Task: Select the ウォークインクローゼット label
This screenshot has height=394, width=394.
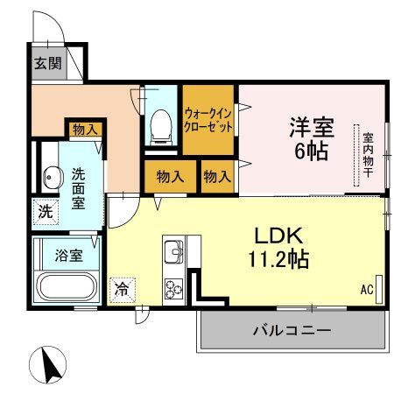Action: (x=208, y=120)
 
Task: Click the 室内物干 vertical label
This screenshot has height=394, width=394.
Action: (x=368, y=154)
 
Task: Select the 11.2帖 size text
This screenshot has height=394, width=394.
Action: (x=278, y=260)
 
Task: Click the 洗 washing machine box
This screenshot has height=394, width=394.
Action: (x=45, y=210)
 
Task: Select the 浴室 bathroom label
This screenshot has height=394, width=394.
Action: (x=69, y=256)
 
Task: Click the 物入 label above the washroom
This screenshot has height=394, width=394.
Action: (x=86, y=129)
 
